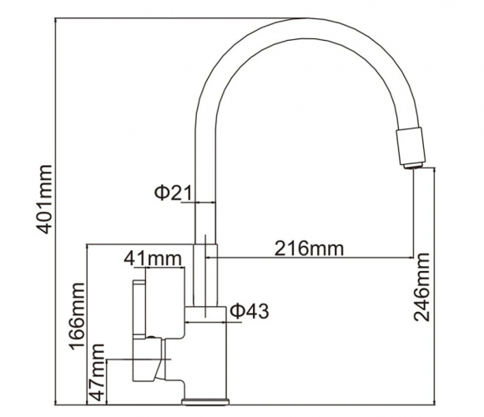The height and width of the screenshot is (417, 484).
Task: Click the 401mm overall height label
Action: (x=44, y=199)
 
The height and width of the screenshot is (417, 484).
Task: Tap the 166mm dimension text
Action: (x=76, y=316)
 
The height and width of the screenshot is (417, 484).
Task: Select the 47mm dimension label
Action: (x=96, y=372)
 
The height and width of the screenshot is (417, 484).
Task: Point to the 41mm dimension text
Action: (x=153, y=259)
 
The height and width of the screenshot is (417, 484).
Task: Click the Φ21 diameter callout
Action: (x=173, y=193)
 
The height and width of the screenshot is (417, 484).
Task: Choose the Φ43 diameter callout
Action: (x=250, y=310)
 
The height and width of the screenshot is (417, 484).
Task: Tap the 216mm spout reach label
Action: (x=309, y=249)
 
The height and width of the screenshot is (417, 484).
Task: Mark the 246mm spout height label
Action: (x=422, y=287)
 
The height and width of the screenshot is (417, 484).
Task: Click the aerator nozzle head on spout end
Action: (x=411, y=146)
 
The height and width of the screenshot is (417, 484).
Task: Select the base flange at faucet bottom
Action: (x=205, y=402)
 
